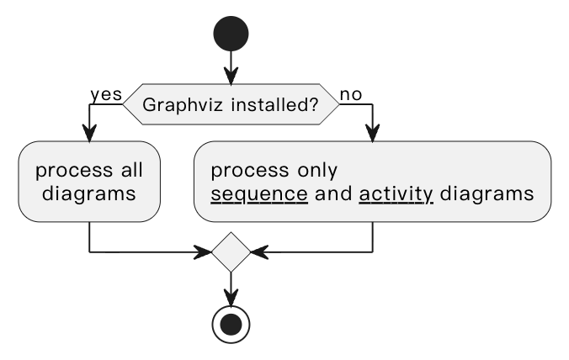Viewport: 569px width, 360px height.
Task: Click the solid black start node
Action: click(231, 33)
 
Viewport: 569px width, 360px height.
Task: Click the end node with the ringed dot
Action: click(231, 324)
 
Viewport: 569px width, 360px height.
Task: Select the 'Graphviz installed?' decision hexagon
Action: click(231, 105)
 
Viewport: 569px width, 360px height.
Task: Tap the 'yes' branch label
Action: click(106, 94)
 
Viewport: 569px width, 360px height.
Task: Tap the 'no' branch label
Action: click(351, 94)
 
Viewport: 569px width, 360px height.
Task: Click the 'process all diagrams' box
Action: click(89, 182)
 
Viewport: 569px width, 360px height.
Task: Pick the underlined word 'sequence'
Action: click(258, 194)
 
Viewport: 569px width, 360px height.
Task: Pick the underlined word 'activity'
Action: click(396, 194)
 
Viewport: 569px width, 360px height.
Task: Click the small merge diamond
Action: click(231, 251)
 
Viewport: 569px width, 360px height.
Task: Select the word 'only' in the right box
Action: click(316, 171)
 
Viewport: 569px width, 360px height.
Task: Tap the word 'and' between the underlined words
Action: click(332, 194)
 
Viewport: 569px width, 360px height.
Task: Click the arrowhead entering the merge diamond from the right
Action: click(258, 251)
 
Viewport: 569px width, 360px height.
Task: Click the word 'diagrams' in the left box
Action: click(89, 194)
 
